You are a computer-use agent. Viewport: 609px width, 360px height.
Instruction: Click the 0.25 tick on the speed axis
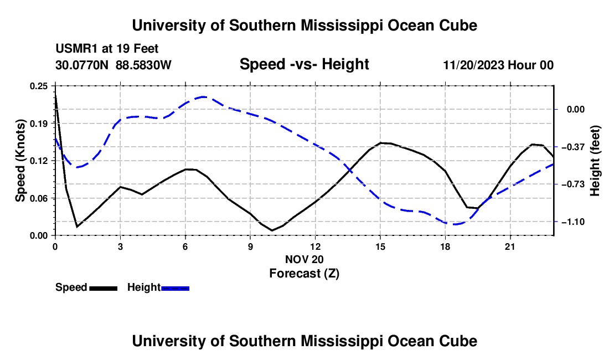(x=39, y=86)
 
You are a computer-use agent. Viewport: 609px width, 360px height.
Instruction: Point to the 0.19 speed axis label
(x=39, y=124)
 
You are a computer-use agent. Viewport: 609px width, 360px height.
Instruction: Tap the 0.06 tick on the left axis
(x=39, y=198)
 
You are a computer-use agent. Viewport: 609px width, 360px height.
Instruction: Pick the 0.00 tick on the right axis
(x=576, y=110)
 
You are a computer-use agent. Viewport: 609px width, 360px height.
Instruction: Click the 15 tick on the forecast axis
(x=380, y=246)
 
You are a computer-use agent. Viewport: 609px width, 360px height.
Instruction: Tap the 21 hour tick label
(x=510, y=246)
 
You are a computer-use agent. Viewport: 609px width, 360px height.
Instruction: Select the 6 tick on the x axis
(x=185, y=246)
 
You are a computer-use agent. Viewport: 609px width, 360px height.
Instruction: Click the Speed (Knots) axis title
(x=20, y=161)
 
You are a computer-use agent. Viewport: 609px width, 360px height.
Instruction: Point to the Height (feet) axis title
(x=595, y=161)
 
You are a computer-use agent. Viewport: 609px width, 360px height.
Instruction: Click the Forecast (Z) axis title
(x=304, y=274)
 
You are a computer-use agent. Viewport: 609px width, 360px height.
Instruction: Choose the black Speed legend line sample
(x=104, y=288)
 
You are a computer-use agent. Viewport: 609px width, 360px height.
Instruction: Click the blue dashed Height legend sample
(x=175, y=288)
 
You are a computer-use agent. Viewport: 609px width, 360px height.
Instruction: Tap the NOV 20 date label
(x=304, y=259)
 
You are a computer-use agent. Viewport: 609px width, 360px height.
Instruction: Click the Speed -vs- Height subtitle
(x=304, y=64)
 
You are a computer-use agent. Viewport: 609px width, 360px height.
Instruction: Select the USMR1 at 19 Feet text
(x=107, y=49)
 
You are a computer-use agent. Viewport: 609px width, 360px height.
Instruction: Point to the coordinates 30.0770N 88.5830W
(x=113, y=65)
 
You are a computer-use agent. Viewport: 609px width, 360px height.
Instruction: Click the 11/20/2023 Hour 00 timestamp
(x=498, y=65)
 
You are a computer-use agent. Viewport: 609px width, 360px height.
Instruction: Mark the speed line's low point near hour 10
(x=272, y=230)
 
